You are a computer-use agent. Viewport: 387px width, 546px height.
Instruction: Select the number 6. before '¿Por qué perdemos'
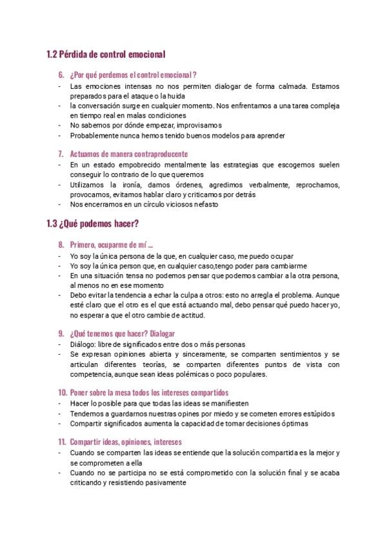pos(62,74)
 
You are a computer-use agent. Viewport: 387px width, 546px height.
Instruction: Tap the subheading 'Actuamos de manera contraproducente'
pos(128,154)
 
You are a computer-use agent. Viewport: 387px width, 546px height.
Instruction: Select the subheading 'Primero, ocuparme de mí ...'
pos(111,245)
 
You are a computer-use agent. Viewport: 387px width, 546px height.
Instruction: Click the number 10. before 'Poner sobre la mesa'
pos(63,392)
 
